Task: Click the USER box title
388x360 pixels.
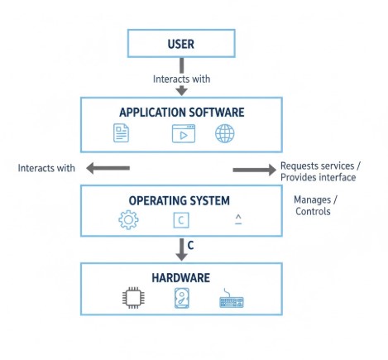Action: pos(180,44)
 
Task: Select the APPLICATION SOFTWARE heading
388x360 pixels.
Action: pos(181,113)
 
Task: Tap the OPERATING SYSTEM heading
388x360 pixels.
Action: pos(179,201)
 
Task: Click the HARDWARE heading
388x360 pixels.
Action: pos(180,278)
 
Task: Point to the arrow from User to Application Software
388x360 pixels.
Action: pos(181,89)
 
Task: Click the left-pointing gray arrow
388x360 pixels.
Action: pos(108,169)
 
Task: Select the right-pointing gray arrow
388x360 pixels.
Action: pos(254,170)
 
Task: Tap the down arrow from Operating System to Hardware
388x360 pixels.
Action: pos(181,247)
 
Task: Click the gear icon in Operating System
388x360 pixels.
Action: pos(129,220)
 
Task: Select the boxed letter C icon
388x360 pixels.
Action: pos(182,220)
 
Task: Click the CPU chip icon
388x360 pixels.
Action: pos(131,299)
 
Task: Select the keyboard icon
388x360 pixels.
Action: pos(232,300)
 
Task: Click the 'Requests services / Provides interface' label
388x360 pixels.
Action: pos(318,171)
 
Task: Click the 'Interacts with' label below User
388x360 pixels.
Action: pos(181,79)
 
